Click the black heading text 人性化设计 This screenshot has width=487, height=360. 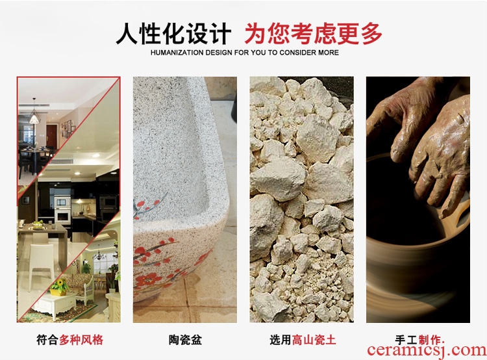173,34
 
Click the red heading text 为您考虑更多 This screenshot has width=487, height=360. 313,34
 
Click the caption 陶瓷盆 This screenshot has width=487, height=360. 185,339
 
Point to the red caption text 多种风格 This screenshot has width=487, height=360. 81,339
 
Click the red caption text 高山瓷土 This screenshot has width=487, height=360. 314,339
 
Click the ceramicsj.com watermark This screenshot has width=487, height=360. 427,351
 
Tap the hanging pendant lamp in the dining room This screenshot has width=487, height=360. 34,116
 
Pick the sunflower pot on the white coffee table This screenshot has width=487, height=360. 59,287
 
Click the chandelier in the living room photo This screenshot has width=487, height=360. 99,255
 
